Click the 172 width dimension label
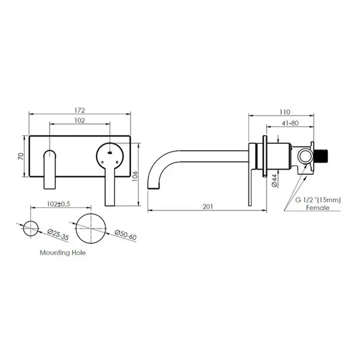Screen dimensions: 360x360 tap(80, 110)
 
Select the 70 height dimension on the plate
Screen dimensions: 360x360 tap(21, 156)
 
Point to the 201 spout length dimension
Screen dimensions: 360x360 tap(207, 207)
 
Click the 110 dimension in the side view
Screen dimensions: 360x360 tap(285, 112)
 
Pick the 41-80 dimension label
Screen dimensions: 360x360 tap(290, 123)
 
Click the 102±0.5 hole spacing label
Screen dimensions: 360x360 tap(58, 204)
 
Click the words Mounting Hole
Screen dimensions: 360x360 tap(63, 252)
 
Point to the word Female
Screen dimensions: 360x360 tap(317, 208)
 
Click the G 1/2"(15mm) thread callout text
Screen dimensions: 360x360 tap(317, 200)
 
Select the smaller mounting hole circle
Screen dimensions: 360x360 tap(31, 229)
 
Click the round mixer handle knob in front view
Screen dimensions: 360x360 tap(110, 155)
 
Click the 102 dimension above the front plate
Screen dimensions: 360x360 tap(80, 120)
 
